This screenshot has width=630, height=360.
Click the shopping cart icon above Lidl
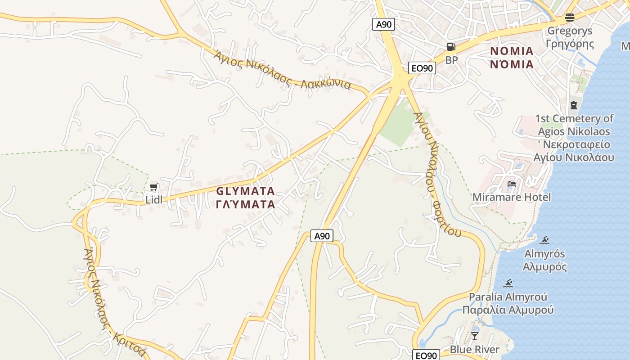pyautogui.click(x=154, y=187)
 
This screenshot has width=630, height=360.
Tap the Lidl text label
pyautogui.click(x=154, y=199)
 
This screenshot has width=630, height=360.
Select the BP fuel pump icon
pyautogui.click(x=451, y=47)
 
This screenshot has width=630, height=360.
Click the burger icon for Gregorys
pyautogui.click(x=570, y=18)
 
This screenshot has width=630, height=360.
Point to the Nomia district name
pyautogui.click(x=512, y=58)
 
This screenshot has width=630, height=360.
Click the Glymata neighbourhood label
pyautogui.click(x=245, y=198)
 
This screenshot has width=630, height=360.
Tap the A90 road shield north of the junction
pyautogui.click(x=383, y=24)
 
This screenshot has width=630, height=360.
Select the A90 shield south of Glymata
pyautogui.click(x=322, y=236)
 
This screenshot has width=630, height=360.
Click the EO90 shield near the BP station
pyautogui.click(x=423, y=68)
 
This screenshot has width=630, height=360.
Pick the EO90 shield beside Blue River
pyautogui.click(x=426, y=355)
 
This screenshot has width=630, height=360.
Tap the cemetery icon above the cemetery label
pyautogui.click(x=573, y=105)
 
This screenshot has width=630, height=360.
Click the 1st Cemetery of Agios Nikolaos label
pyautogui.click(x=574, y=138)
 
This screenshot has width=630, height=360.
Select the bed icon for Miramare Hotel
pyautogui.click(x=512, y=184)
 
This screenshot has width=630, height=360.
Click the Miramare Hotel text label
pyautogui.click(x=511, y=197)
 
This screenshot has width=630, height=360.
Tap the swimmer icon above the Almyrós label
pyautogui.click(x=545, y=240)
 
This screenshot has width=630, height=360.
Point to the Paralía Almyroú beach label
pyautogui.click(x=508, y=303)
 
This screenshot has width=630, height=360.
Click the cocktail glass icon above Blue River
pyautogui.click(x=475, y=336)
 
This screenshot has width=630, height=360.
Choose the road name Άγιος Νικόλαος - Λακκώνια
pyautogui.click(x=282, y=70)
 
